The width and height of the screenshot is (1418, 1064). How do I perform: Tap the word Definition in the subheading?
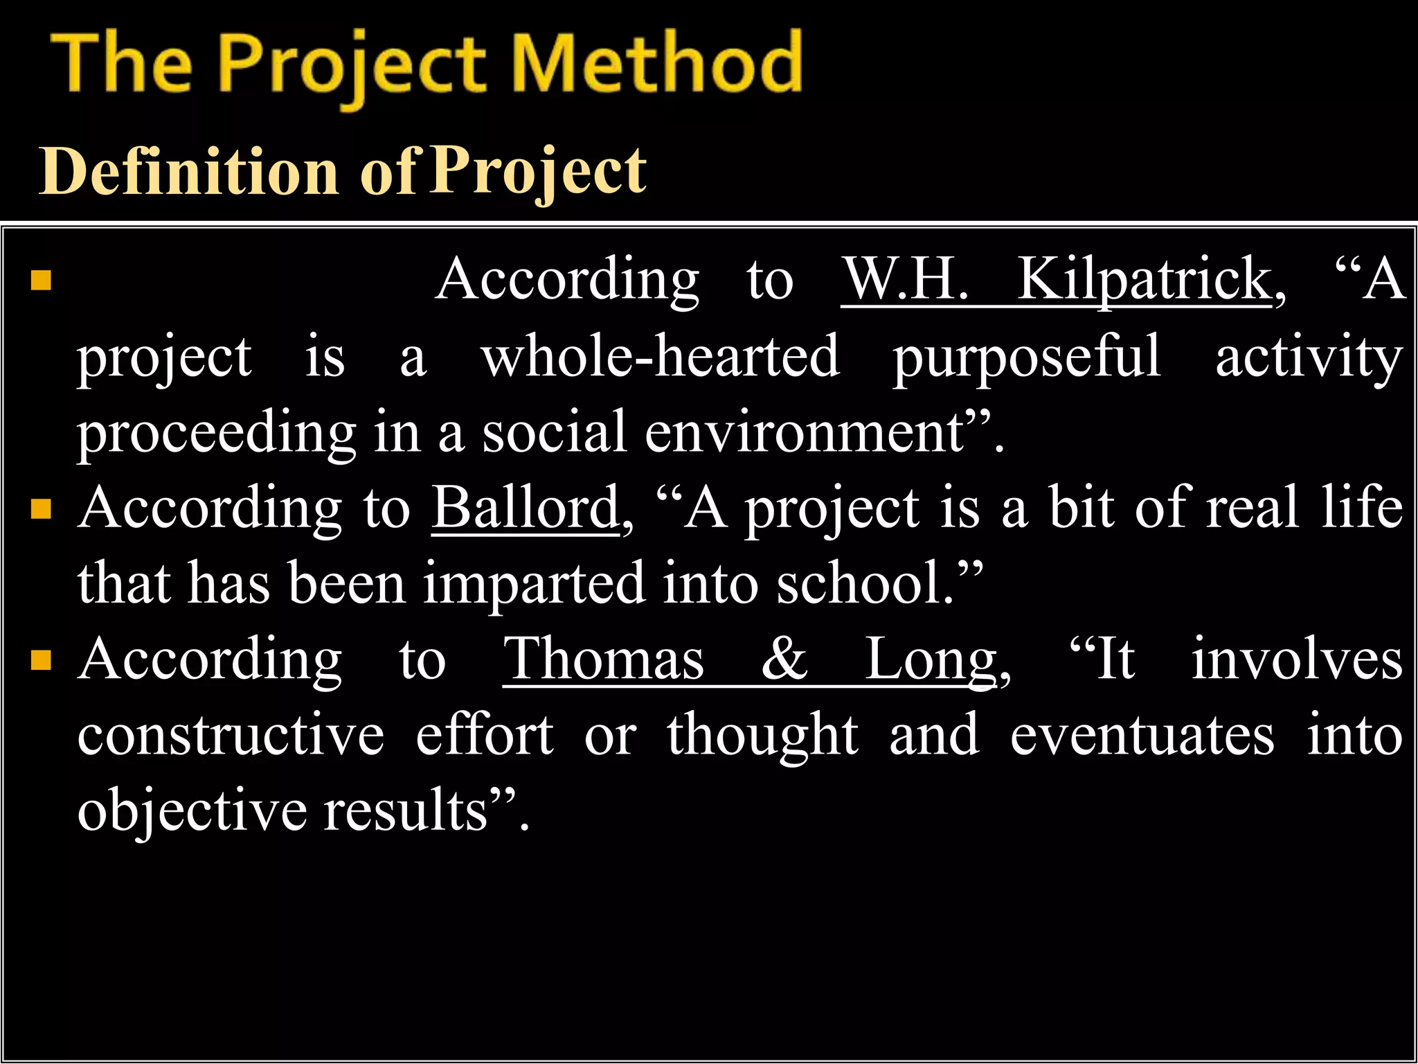tap(188, 171)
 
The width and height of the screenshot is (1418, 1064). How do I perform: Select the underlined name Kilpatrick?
tap(1144, 279)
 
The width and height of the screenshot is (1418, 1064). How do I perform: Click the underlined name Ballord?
tap(526, 508)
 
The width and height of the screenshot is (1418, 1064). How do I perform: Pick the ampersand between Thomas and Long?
tap(784, 659)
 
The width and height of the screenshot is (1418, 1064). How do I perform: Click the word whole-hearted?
tap(660, 356)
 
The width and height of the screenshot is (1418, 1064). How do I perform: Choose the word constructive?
tap(231, 735)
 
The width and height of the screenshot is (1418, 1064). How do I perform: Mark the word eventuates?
tap(1142, 735)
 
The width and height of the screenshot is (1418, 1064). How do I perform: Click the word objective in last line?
tap(192, 811)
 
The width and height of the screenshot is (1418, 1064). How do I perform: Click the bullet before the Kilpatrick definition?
tap(42, 281)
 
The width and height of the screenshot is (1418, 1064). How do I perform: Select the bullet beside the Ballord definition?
tap(42, 509)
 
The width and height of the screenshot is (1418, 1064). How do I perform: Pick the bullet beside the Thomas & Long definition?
tap(42, 660)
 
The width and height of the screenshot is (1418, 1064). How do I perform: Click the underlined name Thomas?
tap(603, 659)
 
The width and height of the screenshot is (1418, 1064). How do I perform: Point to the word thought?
tap(762, 735)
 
